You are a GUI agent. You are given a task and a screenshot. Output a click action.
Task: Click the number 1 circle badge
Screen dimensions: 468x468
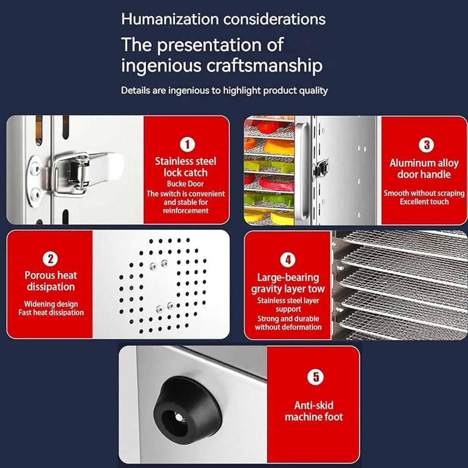click(187, 145)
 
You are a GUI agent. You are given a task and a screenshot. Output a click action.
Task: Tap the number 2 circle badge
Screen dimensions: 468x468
click(50, 259)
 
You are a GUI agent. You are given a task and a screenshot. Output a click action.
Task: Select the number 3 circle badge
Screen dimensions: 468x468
click(427, 145)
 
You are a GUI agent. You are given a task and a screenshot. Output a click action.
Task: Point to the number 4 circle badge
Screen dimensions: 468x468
click(288, 260)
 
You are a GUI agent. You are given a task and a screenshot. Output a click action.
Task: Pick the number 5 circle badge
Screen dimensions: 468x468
click(316, 377)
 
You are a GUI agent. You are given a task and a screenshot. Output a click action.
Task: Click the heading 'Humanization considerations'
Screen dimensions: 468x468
click(223, 19)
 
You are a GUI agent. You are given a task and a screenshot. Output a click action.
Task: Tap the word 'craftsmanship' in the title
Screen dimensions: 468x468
click(264, 66)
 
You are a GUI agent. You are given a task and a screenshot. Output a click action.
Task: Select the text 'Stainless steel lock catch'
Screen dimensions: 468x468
click(186, 167)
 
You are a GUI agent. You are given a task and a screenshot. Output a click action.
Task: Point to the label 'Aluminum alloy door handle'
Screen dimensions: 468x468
click(424, 168)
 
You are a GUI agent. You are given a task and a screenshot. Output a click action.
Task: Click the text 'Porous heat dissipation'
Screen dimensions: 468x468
click(51, 281)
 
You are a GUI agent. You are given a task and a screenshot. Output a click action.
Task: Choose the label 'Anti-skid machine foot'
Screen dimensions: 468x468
click(314, 411)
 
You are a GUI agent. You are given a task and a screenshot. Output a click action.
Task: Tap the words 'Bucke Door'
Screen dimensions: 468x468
click(185, 184)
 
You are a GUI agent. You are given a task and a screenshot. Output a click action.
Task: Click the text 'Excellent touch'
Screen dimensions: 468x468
click(424, 202)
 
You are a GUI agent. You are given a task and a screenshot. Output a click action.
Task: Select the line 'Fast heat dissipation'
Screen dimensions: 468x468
click(51, 312)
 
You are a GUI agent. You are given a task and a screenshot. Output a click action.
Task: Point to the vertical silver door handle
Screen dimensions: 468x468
click(301, 171)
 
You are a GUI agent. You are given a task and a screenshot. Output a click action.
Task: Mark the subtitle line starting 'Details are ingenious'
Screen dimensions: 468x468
click(224, 91)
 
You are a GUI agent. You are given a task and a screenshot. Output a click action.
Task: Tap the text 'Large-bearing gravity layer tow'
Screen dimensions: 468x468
click(288, 283)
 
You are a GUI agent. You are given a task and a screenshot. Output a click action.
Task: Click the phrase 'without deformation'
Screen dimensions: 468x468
click(288, 327)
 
